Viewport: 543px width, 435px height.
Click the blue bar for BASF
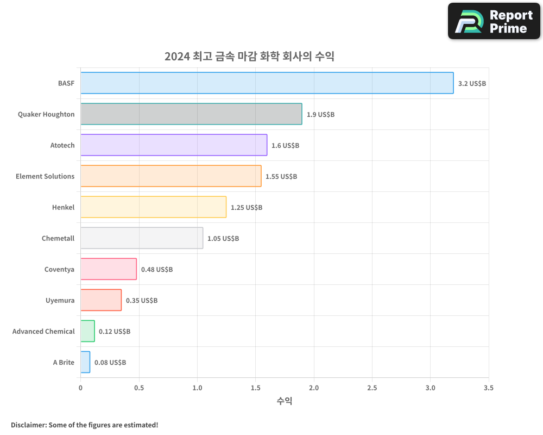267,83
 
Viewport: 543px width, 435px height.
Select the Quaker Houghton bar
191,114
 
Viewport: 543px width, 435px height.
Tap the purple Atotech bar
174,145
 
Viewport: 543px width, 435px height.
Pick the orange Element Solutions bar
171,176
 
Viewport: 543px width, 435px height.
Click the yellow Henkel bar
153,207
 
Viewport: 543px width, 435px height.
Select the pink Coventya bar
109,269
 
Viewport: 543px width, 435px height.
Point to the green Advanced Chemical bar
87,331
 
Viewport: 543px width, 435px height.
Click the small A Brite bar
85,362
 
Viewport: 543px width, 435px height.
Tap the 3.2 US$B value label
472,84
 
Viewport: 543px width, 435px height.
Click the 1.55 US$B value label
281,177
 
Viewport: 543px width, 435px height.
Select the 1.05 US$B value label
223,239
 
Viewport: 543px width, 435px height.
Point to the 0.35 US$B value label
142,301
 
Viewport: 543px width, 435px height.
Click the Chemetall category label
58,239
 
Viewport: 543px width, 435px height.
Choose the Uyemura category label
60,301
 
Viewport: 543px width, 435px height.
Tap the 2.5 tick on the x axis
372,388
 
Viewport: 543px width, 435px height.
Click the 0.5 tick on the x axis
139,388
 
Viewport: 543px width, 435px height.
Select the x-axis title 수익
285,401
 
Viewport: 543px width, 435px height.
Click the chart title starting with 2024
249,57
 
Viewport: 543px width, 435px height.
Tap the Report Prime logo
494,21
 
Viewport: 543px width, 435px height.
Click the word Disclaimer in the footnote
28,425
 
